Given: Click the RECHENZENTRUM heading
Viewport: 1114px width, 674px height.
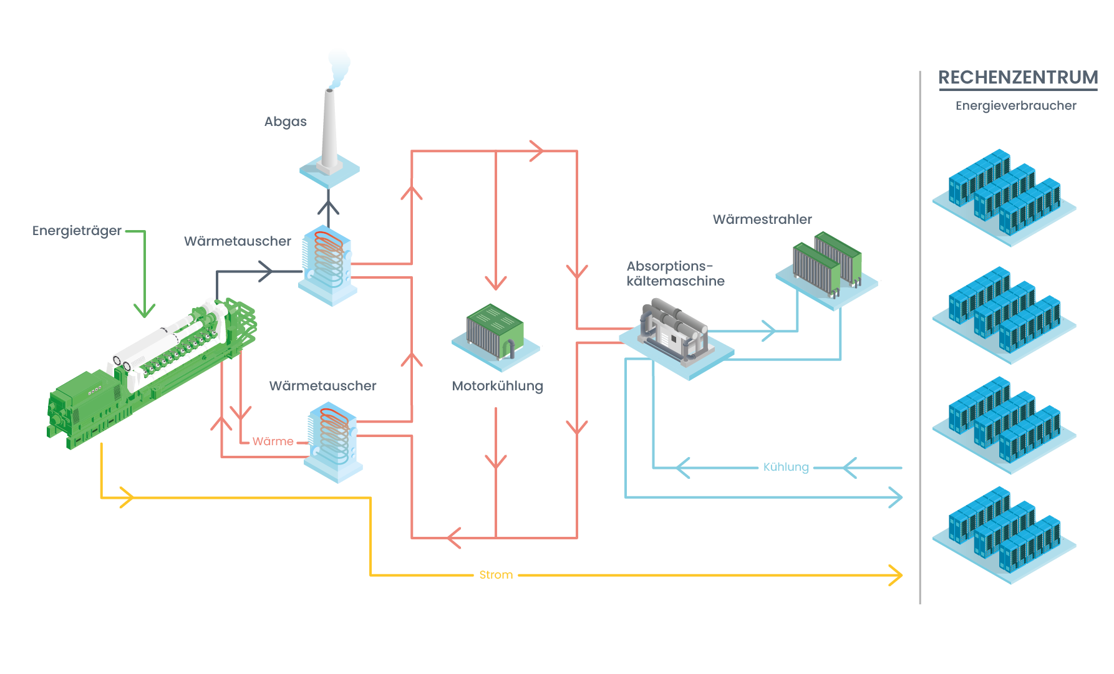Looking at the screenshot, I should point(1018,77).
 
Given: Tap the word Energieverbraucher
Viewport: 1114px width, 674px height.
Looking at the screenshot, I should point(1015,105).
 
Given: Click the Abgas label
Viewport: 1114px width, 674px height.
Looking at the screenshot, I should point(285,122).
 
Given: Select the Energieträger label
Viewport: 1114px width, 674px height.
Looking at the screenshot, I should point(77,231).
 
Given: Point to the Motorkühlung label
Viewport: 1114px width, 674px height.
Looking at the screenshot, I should point(497,386).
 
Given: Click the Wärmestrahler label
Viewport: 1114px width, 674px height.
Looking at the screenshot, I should point(762,219).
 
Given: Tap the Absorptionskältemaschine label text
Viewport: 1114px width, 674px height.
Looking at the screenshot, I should point(675,274).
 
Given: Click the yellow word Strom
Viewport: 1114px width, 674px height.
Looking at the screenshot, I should point(496,575).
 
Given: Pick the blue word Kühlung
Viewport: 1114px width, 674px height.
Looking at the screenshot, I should point(786,467).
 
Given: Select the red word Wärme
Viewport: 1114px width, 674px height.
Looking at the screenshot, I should point(273,441).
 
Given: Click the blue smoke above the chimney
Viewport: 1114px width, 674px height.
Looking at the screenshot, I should point(339,66).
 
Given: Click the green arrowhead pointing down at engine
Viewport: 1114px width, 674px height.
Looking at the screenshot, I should point(145,310).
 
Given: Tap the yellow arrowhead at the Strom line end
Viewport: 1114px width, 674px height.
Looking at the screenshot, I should point(896,575).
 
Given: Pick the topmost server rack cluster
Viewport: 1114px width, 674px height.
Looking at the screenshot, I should point(1004,193).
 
